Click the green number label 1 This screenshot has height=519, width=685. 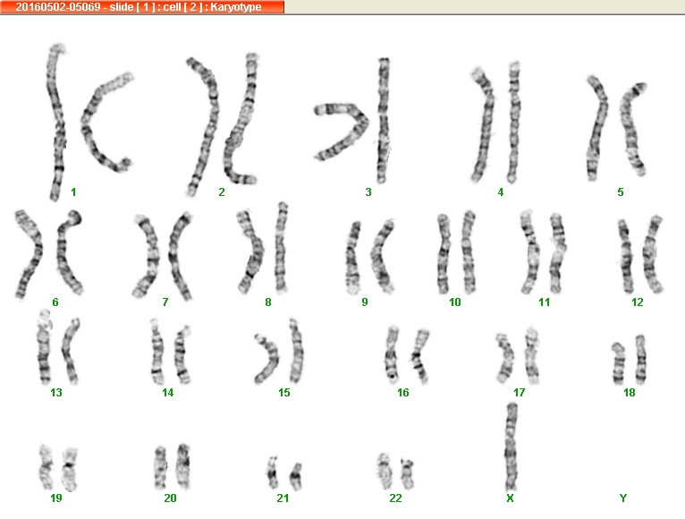click(x=73, y=192)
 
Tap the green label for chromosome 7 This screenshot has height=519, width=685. click(x=165, y=302)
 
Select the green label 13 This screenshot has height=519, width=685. click(x=56, y=392)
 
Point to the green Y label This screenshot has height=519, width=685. click(x=623, y=498)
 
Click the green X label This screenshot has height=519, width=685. click(x=510, y=498)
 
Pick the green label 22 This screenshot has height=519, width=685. click(x=395, y=498)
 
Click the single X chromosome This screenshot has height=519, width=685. click(x=512, y=447)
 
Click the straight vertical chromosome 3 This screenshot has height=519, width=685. click(x=383, y=120)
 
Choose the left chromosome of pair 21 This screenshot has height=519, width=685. click(x=273, y=472)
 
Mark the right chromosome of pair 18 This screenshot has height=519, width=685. click(x=640, y=360)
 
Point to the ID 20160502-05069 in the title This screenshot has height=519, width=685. click(x=58, y=7)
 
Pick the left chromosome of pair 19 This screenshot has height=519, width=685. click(x=46, y=467)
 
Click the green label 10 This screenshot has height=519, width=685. click(x=455, y=302)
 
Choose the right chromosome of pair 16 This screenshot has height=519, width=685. click(x=419, y=356)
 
